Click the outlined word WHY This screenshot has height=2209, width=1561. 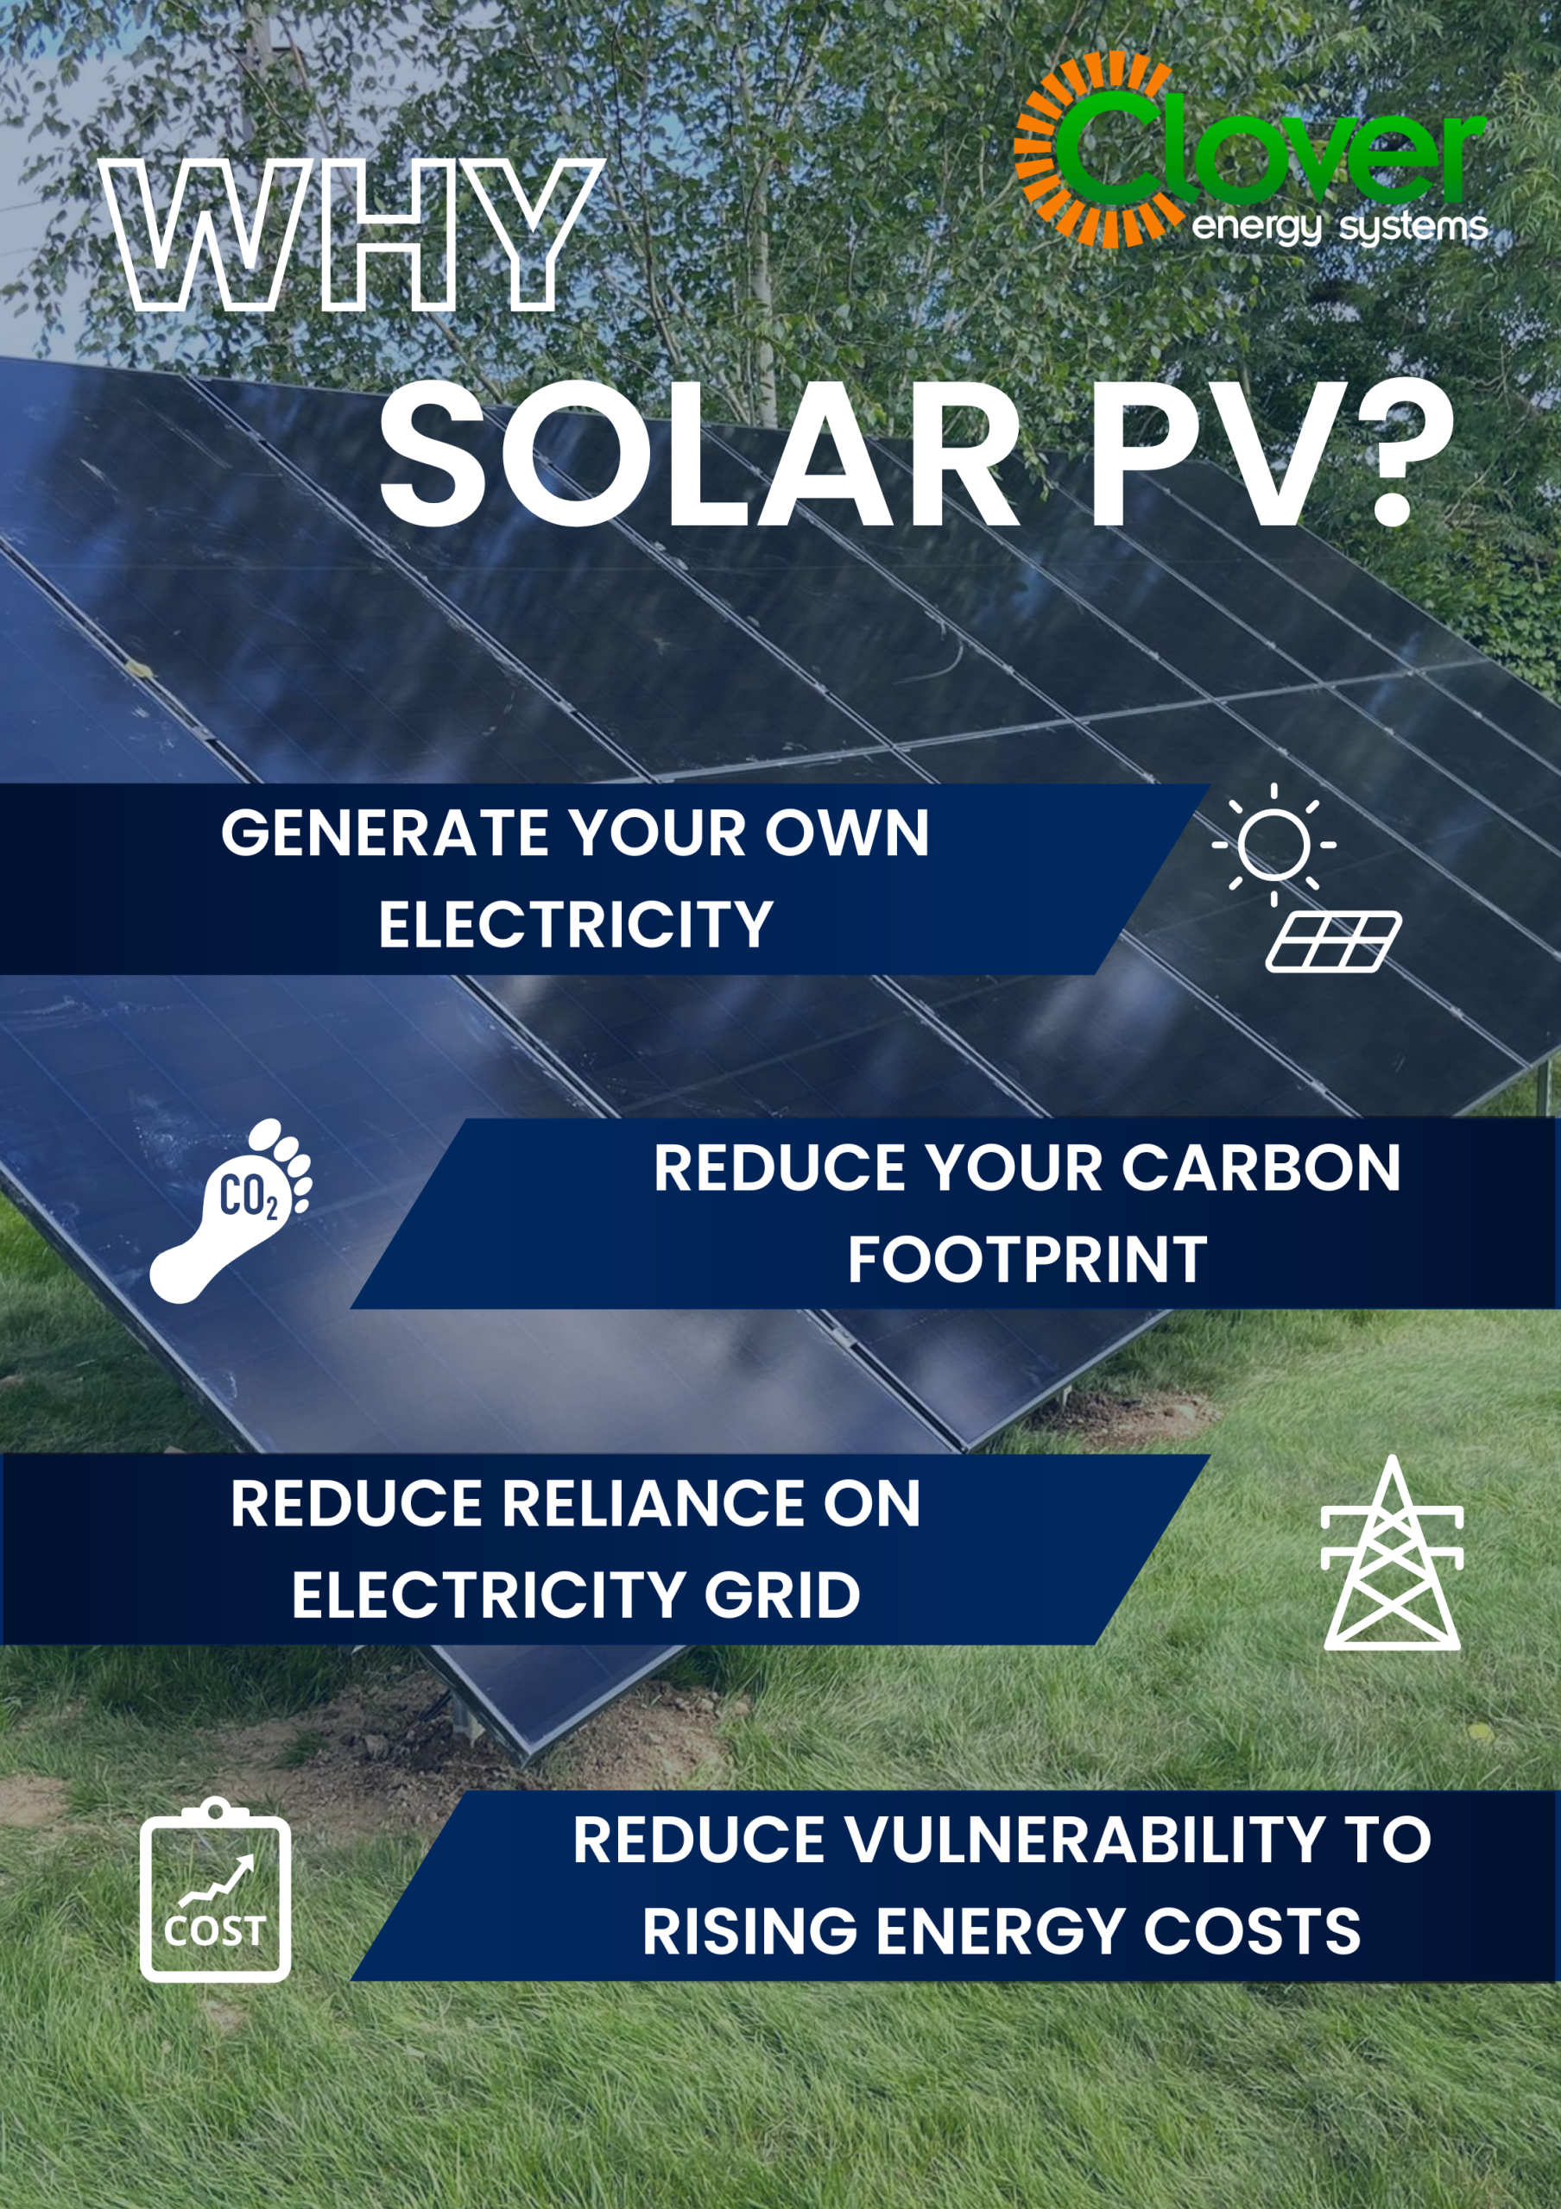[x=351, y=236]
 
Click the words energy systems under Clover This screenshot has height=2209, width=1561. [x=1340, y=228]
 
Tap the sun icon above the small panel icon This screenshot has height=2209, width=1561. [x=1273, y=844]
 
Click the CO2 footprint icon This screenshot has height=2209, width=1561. [x=231, y=1211]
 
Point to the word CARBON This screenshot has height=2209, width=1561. [x=1261, y=1169]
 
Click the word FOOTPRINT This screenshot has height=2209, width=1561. [x=1027, y=1261]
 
